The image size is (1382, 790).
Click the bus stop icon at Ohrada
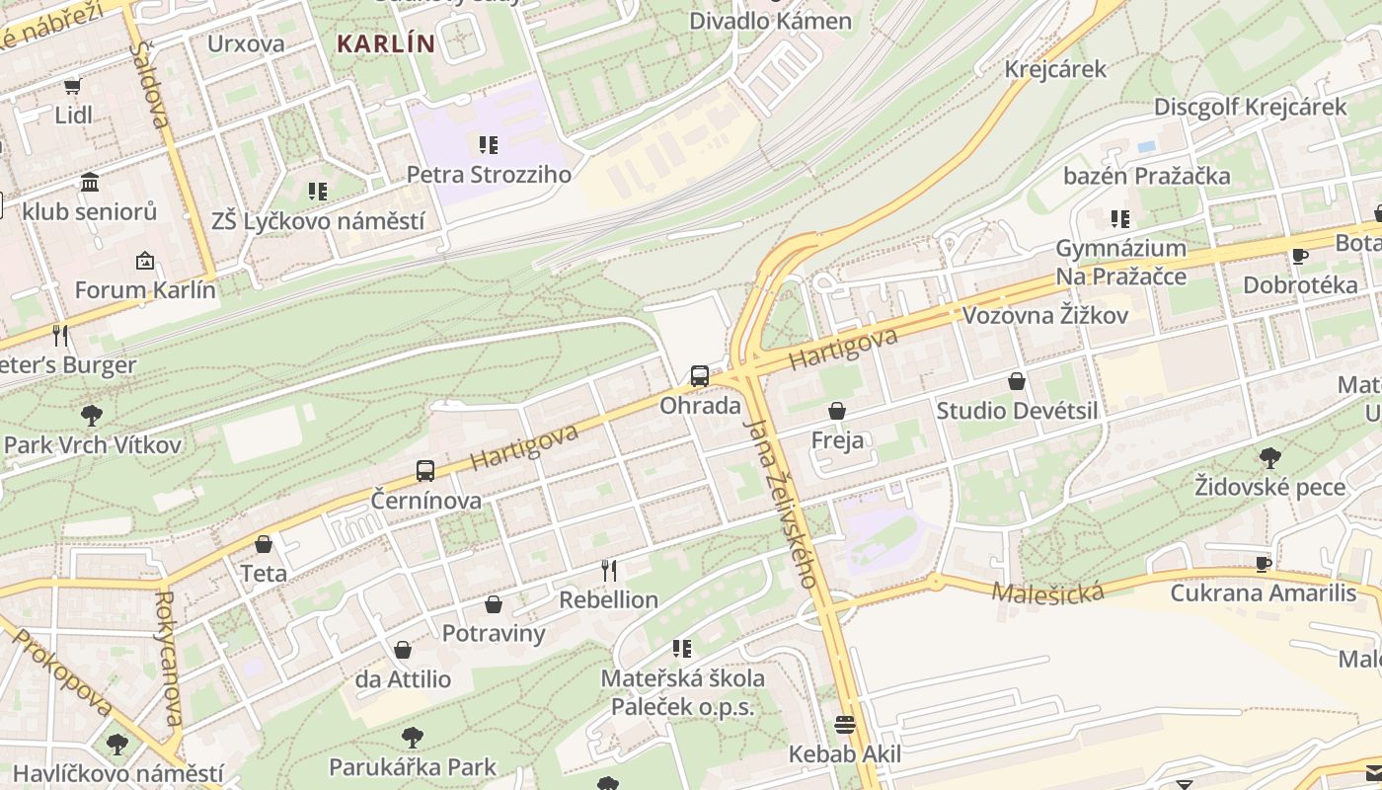click(699, 375)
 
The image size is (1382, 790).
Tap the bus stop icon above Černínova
click(425, 470)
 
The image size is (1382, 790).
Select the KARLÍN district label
click(385, 44)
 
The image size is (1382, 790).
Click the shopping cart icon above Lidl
click(72, 87)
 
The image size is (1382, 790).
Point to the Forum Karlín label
click(145, 290)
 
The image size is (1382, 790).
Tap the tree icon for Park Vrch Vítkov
click(92, 415)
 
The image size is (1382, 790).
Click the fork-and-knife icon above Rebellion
click(609, 570)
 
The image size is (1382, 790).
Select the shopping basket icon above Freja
click(837, 411)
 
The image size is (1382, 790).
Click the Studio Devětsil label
click(1017, 411)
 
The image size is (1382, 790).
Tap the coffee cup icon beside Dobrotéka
click(1300, 257)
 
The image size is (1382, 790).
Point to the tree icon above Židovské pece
click(1270, 457)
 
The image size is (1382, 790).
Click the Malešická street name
click(1047, 592)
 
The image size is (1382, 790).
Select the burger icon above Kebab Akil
click(845, 725)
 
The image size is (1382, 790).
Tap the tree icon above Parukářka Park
click(413, 737)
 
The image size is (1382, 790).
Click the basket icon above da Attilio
click(403, 650)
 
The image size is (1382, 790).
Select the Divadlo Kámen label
click(770, 21)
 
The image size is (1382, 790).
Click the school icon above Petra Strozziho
click(489, 145)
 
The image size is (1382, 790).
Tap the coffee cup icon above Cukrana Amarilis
click(1263, 564)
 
